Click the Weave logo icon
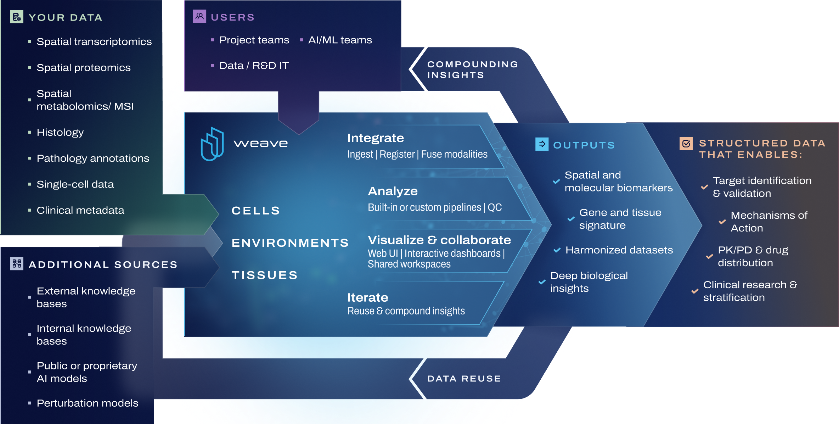pos(212,144)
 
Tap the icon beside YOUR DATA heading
pos(17,17)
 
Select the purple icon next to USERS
pos(199,16)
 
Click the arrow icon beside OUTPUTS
pos(542,144)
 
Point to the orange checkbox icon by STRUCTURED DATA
pos(686,144)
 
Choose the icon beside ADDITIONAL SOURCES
pos(17,263)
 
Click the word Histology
pos(60,132)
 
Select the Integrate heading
pos(375,138)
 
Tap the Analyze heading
pos(393,191)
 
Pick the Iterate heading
pos(367,297)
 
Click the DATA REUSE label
pos(464,379)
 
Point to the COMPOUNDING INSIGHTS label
pos(472,69)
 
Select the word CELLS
pos(255,211)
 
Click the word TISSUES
pos(264,275)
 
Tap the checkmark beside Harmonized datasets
pos(557,250)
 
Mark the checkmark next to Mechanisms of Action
pos(722,222)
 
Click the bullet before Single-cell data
pos(30,184)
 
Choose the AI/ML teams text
pos(340,40)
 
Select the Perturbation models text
pos(87,403)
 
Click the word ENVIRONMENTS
pos(290,243)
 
